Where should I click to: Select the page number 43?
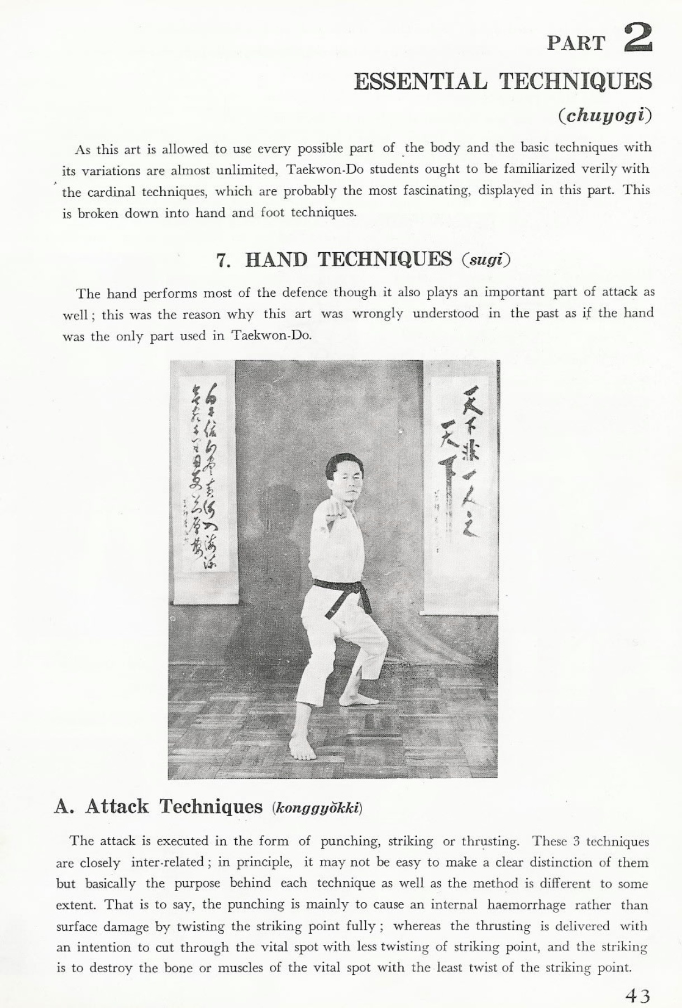pyautogui.click(x=637, y=995)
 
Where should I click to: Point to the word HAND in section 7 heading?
pyautogui.click(x=276, y=259)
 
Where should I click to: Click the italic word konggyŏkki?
pyautogui.click(x=317, y=808)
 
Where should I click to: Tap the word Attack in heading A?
pyautogui.click(x=117, y=807)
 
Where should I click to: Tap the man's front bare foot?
pyautogui.click(x=302, y=749)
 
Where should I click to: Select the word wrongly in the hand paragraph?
pyautogui.click(x=377, y=314)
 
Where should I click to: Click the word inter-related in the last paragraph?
pyautogui.click(x=168, y=862)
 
